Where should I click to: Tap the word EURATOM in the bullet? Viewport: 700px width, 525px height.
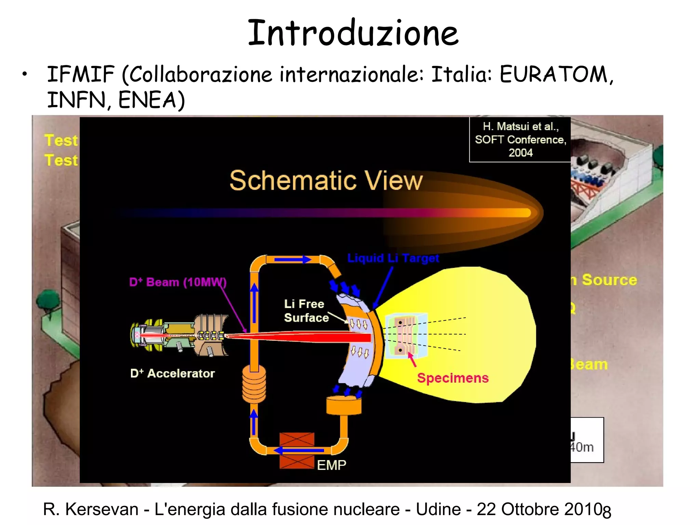pyautogui.click(x=554, y=74)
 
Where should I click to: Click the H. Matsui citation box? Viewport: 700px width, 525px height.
pyautogui.click(x=520, y=139)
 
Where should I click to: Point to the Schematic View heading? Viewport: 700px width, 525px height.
pyautogui.click(x=326, y=180)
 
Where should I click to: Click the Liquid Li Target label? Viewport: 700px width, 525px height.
pyautogui.click(x=393, y=258)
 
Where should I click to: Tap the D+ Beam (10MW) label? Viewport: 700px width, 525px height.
pyautogui.click(x=178, y=282)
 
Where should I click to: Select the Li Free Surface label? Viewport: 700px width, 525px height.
pyautogui.click(x=306, y=311)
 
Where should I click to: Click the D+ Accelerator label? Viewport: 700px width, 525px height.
pyautogui.click(x=173, y=373)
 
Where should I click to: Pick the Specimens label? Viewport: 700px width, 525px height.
pyautogui.click(x=453, y=378)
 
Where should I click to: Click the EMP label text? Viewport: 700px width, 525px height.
pyautogui.click(x=332, y=465)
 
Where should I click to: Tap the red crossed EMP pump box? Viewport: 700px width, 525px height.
pyautogui.click(x=297, y=450)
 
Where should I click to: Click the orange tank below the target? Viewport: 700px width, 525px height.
pyautogui.click(x=344, y=405)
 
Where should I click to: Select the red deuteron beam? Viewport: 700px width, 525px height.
pyautogui.click(x=308, y=337)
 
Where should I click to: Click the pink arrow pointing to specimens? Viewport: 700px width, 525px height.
pyautogui.click(x=412, y=360)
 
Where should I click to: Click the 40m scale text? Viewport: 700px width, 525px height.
pyautogui.click(x=582, y=447)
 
